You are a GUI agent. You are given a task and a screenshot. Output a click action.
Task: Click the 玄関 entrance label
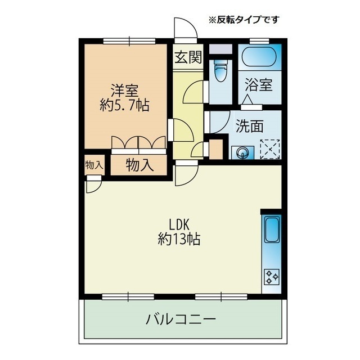188,57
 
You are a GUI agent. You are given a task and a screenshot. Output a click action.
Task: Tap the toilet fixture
220,71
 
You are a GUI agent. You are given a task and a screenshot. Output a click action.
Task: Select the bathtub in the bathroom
260,57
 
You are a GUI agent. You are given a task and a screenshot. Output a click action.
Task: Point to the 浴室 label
259,85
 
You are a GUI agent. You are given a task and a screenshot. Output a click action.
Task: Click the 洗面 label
250,126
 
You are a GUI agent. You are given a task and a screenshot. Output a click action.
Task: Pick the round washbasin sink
242,152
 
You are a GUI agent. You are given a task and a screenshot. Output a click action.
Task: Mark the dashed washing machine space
270,149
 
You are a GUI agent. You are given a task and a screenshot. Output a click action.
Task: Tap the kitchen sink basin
272,230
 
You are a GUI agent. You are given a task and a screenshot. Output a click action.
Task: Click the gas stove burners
272,277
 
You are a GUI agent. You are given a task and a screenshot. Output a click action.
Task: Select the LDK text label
179,225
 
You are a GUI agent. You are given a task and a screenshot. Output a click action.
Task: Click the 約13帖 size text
179,239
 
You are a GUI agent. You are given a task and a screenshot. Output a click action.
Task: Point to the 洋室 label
125,91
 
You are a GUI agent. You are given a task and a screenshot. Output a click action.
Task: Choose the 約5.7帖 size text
124,105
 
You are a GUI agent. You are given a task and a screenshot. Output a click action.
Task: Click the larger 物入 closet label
139,165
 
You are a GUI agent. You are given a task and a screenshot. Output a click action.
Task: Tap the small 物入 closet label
94,165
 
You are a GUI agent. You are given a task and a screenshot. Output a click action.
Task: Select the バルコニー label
181,319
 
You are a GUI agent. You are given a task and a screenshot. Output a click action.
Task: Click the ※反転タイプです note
244,20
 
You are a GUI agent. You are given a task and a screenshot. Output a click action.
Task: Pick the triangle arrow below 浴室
248,100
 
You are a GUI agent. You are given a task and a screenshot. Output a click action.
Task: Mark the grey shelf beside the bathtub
220,49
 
